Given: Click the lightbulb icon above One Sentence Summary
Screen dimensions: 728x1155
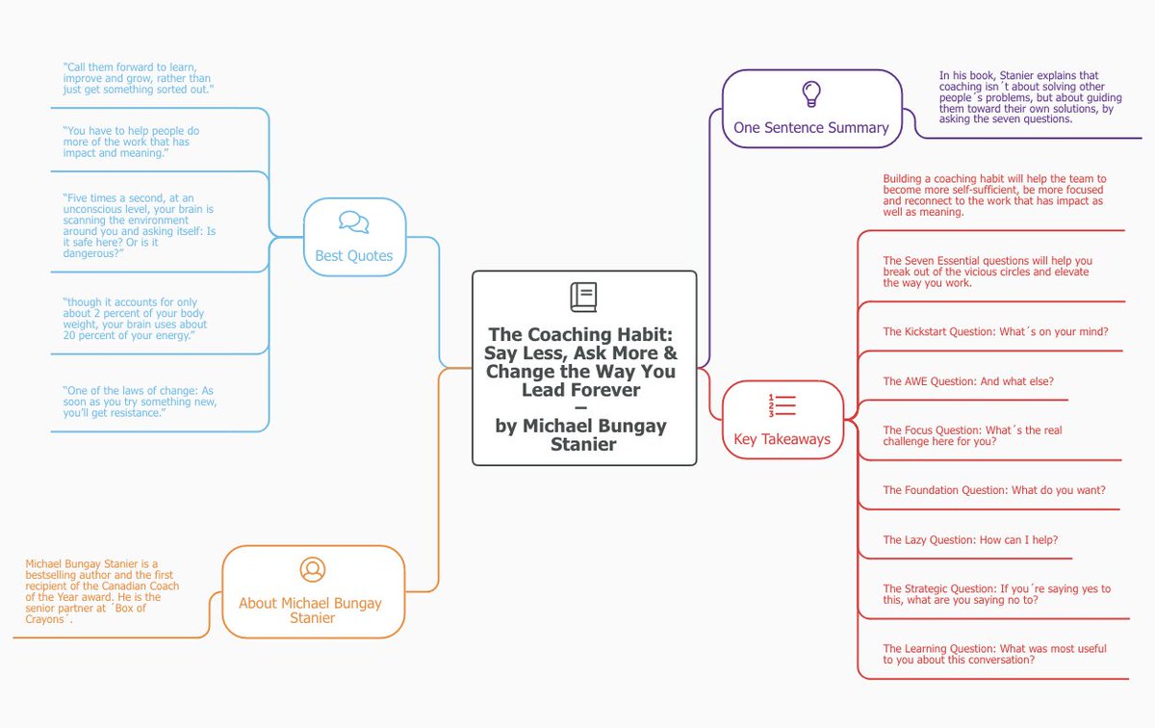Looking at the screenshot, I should point(811,93).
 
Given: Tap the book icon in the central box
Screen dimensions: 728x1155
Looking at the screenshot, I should point(583,298).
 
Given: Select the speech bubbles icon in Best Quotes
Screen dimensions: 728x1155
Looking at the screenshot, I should point(354,222).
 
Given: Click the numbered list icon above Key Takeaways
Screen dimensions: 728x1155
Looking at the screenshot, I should point(782,405).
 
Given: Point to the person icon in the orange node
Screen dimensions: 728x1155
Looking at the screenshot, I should point(312,569).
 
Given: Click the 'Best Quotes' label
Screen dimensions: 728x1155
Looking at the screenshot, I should point(354,256).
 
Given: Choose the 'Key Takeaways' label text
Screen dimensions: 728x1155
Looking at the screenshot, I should point(782,440).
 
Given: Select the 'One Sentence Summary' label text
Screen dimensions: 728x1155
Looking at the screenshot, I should point(811,127).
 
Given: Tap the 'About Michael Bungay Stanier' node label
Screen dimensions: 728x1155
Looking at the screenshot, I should point(310,611).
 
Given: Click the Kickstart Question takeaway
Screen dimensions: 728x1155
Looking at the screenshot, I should point(995,332).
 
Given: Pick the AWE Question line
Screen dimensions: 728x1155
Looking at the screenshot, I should point(968,381).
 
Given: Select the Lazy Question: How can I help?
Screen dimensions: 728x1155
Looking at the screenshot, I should point(970,540).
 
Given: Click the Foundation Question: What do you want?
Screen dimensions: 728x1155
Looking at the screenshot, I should point(994,490).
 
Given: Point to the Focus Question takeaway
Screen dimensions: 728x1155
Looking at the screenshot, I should point(972,436).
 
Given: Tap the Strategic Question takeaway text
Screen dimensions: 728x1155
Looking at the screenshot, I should point(996,594).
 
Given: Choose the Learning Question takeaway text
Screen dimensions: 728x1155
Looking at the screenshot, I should point(994,655).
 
